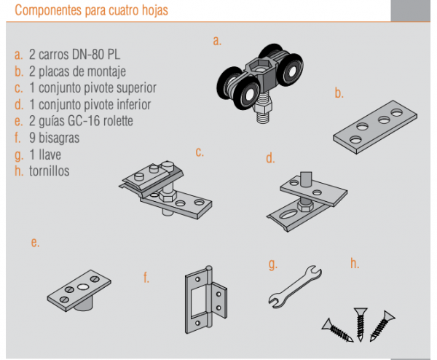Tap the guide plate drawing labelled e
(x=81, y=287)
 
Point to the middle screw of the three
(x=359, y=322)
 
